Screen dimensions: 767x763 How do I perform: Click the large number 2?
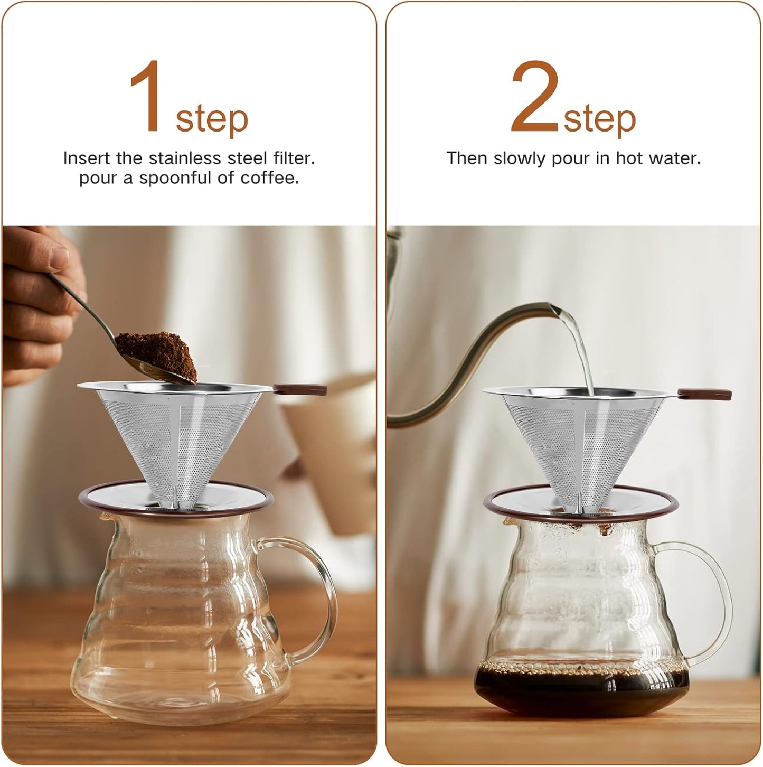pyautogui.click(x=534, y=96)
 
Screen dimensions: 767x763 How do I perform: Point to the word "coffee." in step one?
pyautogui.click(x=270, y=178)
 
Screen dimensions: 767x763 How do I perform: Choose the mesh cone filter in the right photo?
pyautogui.click(x=576, y=444)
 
